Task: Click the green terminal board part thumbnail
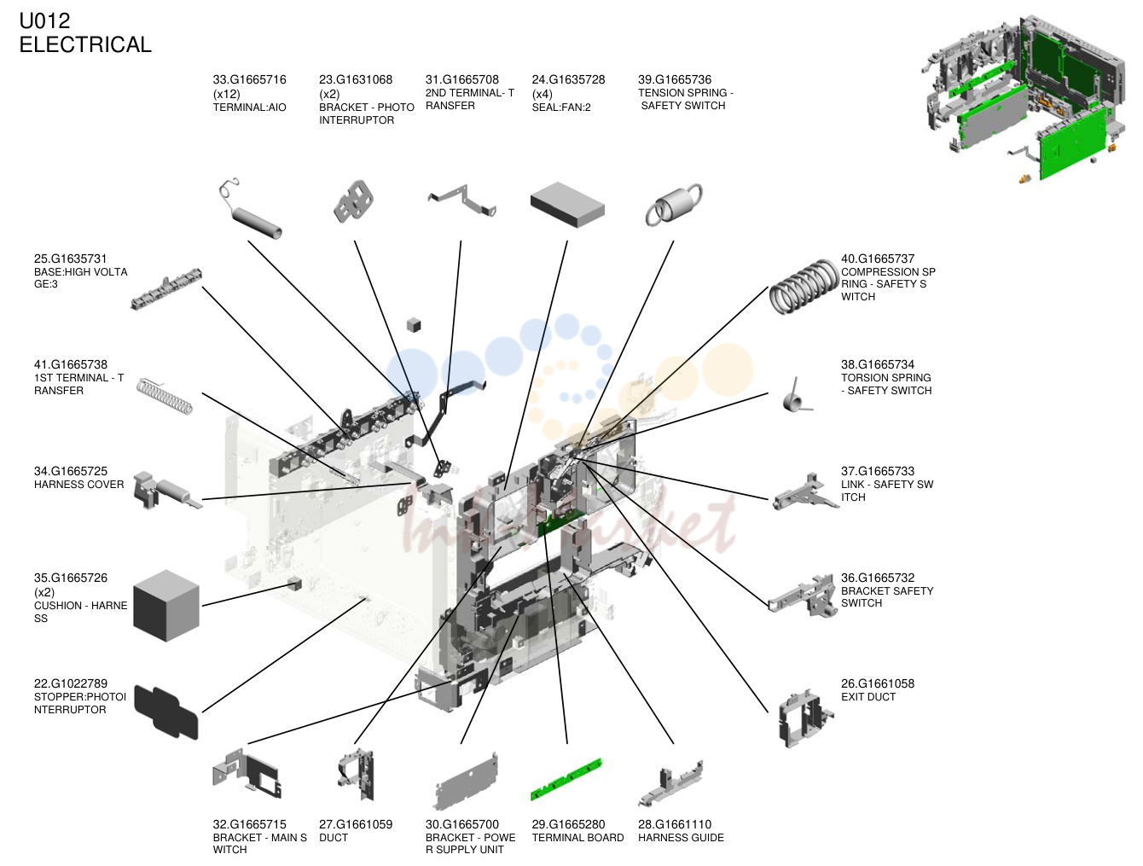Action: [x=566, y=778]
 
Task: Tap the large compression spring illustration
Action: [x=804, y=286]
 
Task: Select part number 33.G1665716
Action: [x=249, y=79]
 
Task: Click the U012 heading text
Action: [x=45, y=20]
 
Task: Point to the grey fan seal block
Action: [x=567, y=204]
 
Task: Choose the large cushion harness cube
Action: [x=166, y=605]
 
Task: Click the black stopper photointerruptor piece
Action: [x=166, y=712]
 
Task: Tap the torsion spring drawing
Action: [x=797, y=396]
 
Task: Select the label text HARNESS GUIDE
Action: [x=681, y=837]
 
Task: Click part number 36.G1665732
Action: [x=878, y=578]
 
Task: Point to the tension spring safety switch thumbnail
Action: [x=673, y=205]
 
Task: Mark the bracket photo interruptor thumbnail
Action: [x=354, y=201]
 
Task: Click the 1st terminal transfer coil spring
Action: [x=165, y=396]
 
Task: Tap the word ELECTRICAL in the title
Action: [x=85, y=44]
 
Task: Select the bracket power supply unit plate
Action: [x=466, y=782]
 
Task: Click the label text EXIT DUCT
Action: [x=868, y=697]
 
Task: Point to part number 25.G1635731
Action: [x=70, y=259]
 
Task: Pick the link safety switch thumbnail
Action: [x=804, y=491]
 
